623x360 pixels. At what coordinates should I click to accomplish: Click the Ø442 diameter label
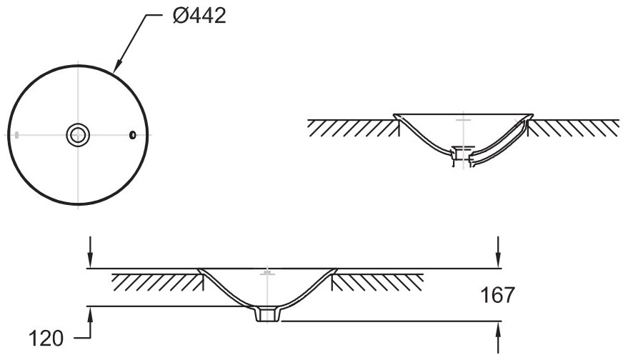coord(199,16)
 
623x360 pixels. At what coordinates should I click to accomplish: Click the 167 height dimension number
coord(497,295)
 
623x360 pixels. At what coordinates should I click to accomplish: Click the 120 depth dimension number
coord(46,339)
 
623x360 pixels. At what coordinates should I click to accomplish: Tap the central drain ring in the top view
coord(78,135)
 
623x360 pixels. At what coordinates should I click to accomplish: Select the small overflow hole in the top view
coord(133,135)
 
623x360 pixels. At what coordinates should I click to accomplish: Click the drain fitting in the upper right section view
coord(463,155)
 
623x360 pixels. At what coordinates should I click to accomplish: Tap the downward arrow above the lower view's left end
coord(91,252)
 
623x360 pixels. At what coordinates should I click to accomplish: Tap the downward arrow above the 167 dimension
coord(498,252)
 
